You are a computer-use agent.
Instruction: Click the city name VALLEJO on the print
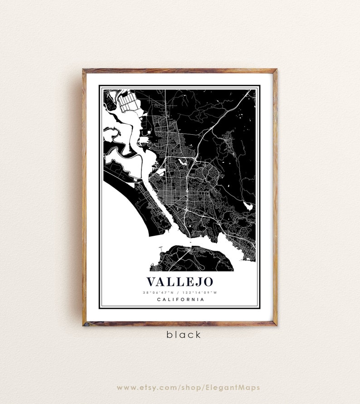pyautogui.click(x=180, y=281)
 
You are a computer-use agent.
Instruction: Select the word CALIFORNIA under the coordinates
pyautogui.click(x=180, y=299)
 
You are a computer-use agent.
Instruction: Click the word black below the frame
pyautogui.click(x=183, y=335)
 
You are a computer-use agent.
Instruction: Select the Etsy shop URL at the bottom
pyautogui.click(x=188, y=388)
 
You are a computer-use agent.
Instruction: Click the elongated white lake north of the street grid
pyautogui.click(x=182, y=161)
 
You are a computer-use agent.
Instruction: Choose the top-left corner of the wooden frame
pyautogui.click(x=84, y=71)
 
